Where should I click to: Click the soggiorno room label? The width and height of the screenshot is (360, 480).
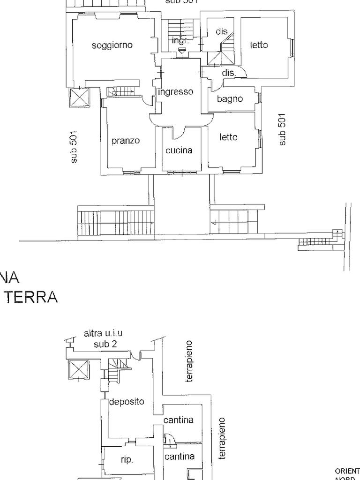(x=112, y=45)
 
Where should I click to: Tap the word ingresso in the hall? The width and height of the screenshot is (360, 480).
(x=176, y=92)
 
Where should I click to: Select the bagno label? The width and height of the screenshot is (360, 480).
(x=230, y=99)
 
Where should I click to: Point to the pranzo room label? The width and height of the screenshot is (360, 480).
(x=125, y=141)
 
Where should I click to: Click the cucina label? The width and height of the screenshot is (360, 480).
(x=179, y=150)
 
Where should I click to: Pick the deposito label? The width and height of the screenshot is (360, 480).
(x=127, y=402)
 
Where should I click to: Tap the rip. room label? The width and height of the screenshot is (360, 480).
(x=127, y=460)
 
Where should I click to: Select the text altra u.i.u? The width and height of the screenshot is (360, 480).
(x=103, y=334)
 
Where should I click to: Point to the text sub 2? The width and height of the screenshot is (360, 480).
(x=105, y=344)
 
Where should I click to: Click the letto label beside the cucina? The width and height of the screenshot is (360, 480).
(x=229, y=137)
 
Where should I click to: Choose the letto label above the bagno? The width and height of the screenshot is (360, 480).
(x=259, y=45)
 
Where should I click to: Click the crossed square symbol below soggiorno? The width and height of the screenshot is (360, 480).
(x=78, y=98)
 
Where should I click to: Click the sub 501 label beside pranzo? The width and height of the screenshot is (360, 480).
(x=74, y=147)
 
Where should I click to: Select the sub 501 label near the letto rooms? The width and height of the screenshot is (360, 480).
(x=282, y=129)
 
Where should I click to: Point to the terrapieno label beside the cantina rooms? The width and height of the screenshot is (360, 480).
(x=223, y=438)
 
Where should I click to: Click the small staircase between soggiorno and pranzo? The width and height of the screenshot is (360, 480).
(x=121, y=91)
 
